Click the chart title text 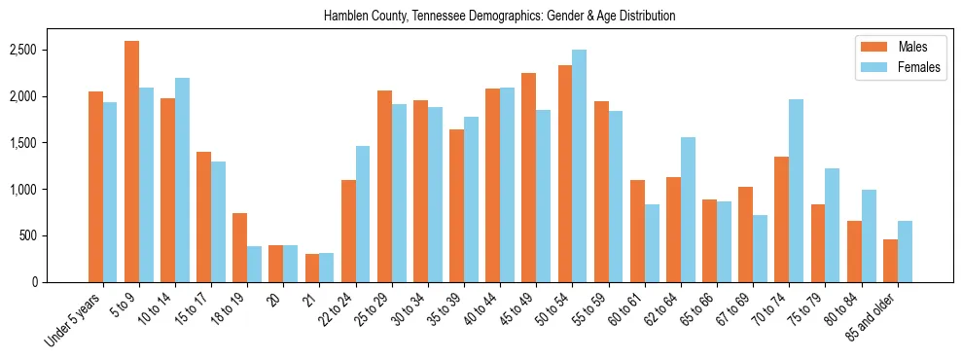[499, 16]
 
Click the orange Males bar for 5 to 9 [131, 162]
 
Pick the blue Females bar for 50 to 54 [579, 165]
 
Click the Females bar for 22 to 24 [363, 214]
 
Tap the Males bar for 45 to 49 [528, 177]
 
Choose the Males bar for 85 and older [890, 261]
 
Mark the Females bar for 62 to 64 [688, 209]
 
